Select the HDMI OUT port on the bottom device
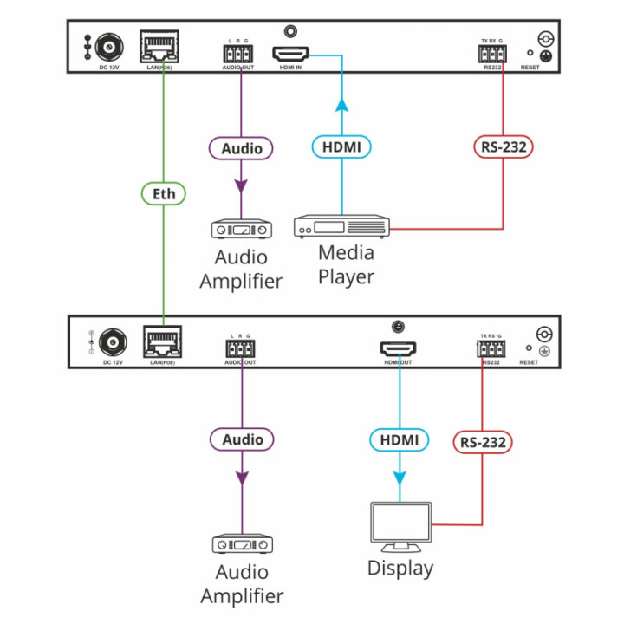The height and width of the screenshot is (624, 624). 398,349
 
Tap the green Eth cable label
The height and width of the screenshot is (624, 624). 165,193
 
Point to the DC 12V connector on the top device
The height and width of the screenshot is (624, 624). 110,46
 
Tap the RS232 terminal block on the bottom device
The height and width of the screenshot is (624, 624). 490,349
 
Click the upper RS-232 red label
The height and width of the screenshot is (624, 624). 503,146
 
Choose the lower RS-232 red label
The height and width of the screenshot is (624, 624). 483,442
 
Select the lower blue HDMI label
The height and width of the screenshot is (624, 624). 400,440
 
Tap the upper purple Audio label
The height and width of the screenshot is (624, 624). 242,148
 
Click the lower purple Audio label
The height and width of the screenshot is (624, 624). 242,439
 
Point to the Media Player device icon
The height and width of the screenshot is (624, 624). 341,227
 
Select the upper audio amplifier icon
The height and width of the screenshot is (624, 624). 242,230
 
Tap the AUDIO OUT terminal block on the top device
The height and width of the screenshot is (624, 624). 237,55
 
